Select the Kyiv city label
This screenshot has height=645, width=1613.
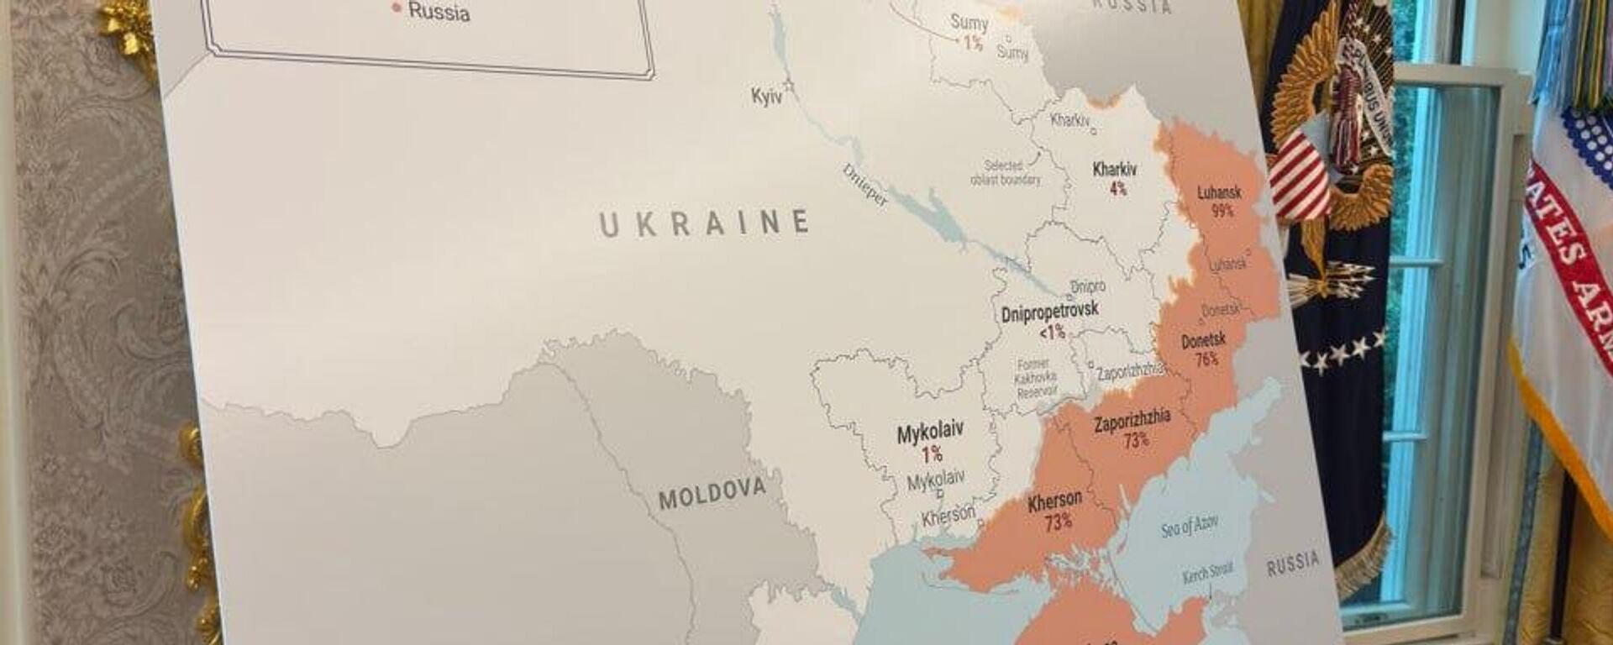point(766,97)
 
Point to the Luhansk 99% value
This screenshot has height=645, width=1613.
point(1222,211)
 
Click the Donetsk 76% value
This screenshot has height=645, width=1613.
point(1206,359)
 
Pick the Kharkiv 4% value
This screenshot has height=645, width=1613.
point(1118,189)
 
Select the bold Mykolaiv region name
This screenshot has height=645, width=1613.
point(930,433)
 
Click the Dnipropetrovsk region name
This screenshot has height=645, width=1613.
point(1049,312)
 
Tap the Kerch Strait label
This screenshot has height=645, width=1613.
point(1207,574)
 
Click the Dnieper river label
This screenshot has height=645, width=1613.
point(864,186)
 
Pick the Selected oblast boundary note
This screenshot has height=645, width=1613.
point(1005,173)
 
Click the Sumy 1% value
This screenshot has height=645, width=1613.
point(973,43)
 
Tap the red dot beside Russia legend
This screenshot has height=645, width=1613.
point(397,8)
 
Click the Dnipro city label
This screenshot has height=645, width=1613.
point(1087,287)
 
